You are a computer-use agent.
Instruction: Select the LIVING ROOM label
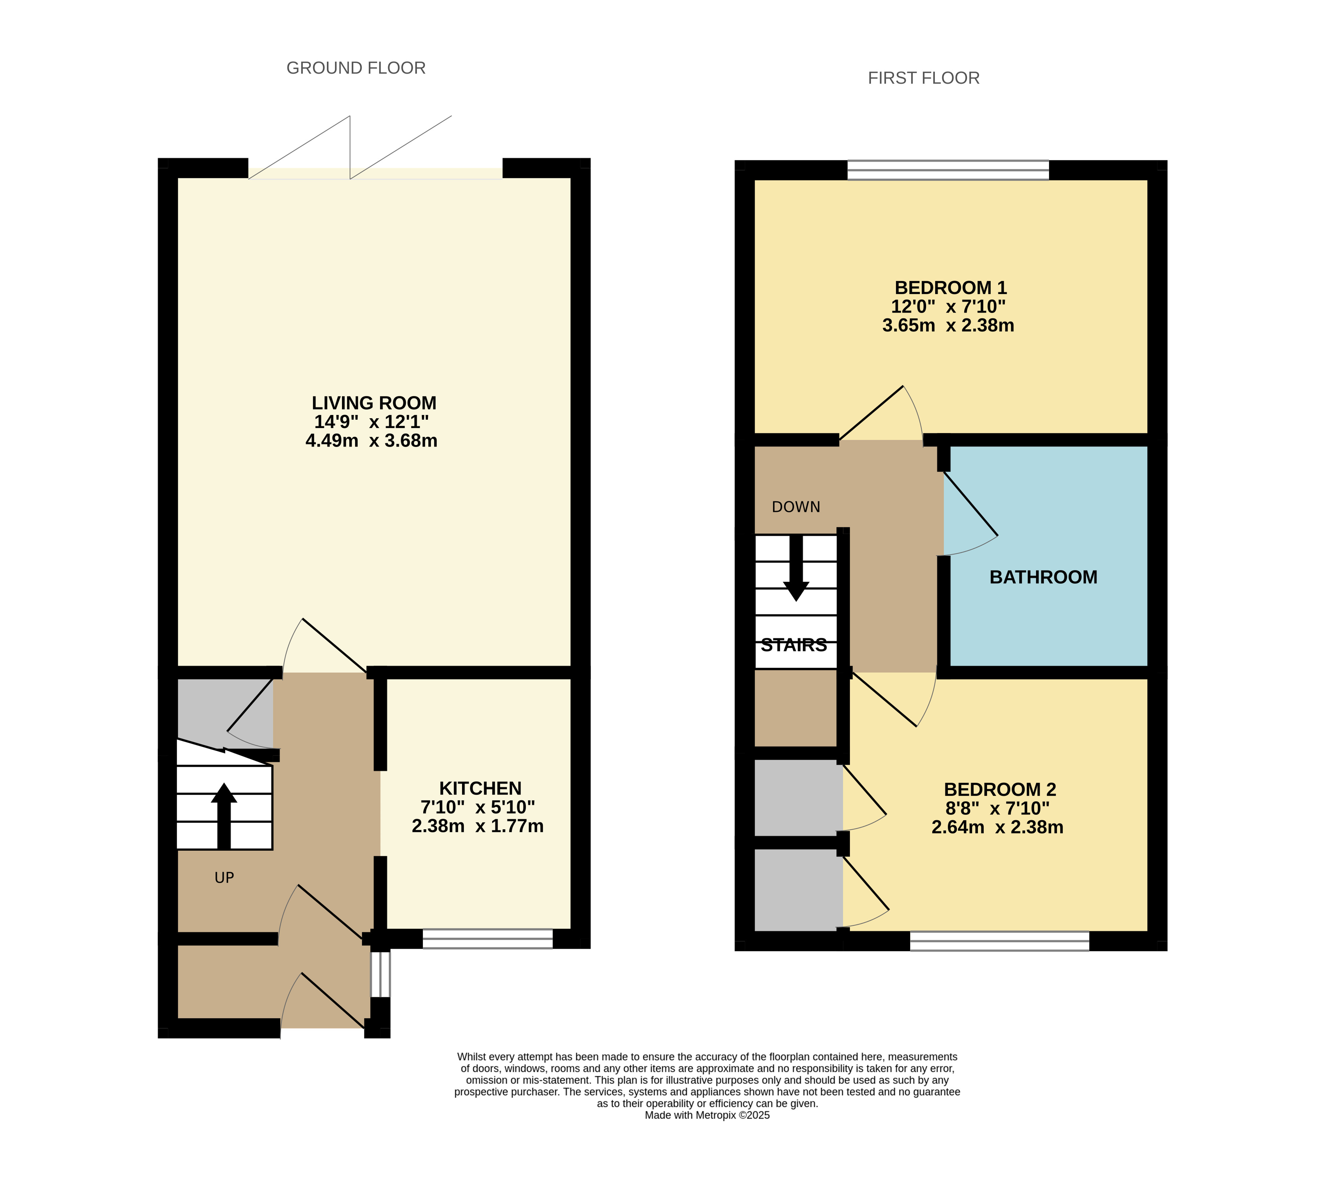click(374, 403)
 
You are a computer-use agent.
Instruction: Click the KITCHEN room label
click(480, 788)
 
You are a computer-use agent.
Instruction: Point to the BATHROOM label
click(1043, 577)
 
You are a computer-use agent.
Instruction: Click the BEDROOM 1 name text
click(951, 288)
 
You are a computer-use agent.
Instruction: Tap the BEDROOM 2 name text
click(1000, 789)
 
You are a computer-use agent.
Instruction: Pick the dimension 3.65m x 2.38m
click(948, 325)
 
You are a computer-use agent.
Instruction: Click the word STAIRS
click(794, 645)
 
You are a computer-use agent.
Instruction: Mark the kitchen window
click(488, 938)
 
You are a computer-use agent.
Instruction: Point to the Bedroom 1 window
click(948, 170)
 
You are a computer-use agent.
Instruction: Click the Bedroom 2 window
click(999, 941)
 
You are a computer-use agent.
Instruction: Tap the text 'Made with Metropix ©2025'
click(707, 1115)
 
